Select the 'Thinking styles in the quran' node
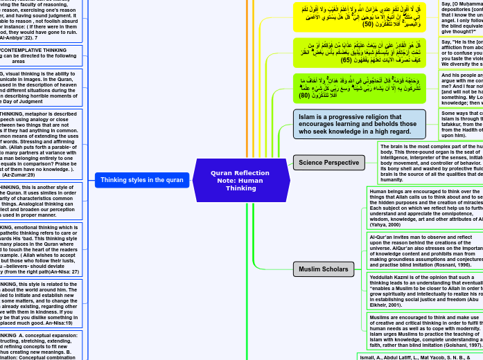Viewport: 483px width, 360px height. [x=141, y=179]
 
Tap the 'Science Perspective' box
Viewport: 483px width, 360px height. [x=328, y=163]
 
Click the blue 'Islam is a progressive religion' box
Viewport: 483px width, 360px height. [x=359, y=124]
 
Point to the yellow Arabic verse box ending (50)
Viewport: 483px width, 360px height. [x=359, y=17]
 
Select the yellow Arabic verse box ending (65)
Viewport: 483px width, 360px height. [x=359, y=52]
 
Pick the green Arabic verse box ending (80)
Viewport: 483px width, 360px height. [x=359, y=88]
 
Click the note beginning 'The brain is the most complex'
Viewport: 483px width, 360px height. [x=430, y=163]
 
